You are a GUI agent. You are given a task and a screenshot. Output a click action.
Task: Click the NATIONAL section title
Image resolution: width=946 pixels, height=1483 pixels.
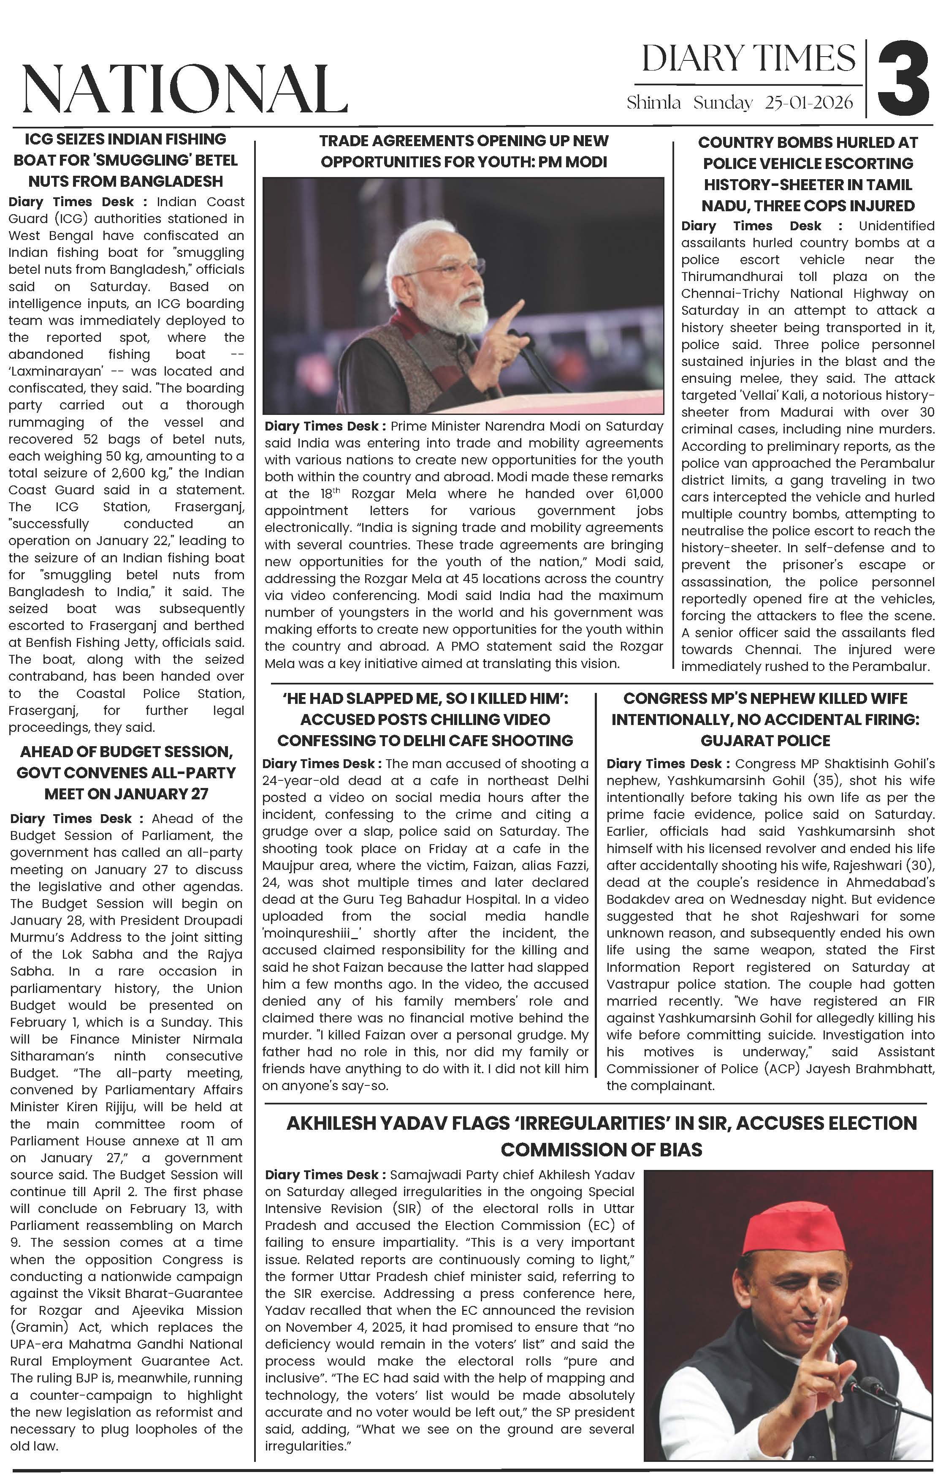(x=184, y=89)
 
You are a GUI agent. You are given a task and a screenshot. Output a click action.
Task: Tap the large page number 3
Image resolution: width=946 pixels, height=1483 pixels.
(x=903, y=78)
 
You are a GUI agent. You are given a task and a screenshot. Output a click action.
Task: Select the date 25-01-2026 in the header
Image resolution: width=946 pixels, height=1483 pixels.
(x=809, y=102)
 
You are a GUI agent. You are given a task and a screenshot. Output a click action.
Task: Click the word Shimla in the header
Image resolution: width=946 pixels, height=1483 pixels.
(x=653, y=102)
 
